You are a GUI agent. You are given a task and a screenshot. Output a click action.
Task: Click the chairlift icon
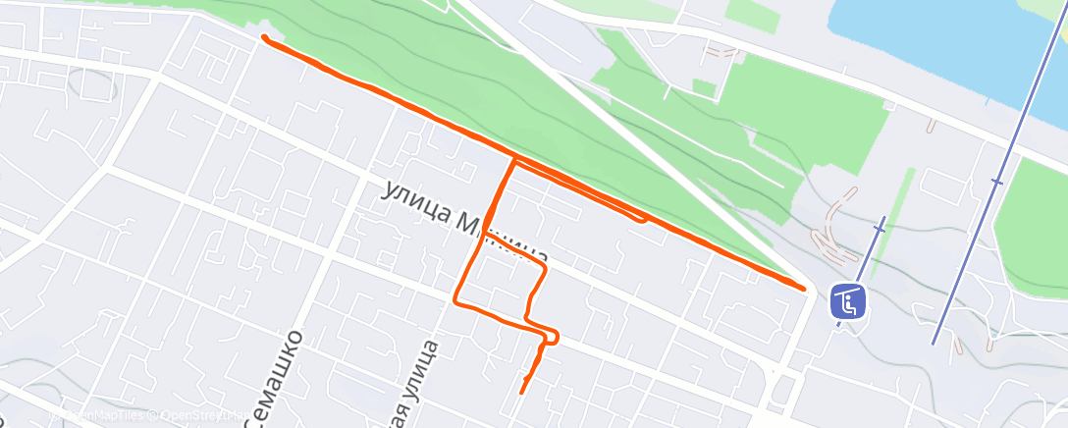coord(847,301)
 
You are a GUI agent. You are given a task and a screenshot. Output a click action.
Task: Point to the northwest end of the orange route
coord(264,37)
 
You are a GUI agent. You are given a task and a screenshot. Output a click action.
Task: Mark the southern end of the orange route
coord(521,392)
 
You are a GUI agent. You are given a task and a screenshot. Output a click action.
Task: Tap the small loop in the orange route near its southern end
coord(552,338)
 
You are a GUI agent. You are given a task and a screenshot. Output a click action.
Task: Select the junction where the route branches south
coord(512,159)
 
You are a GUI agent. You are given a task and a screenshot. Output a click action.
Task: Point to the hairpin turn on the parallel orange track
coord(643,218)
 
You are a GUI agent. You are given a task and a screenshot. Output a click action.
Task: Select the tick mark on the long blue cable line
coord(997,182)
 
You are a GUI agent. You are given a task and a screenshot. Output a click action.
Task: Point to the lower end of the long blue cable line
coord(934,343)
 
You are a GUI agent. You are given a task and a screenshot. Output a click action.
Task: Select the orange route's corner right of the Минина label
coord(545,266)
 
